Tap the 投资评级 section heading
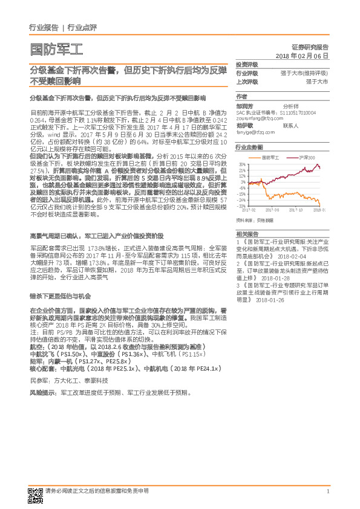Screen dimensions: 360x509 [x=246, y=64]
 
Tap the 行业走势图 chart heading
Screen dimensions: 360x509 [x=249, y=147]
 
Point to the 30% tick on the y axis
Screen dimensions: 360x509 [x=242, y=164]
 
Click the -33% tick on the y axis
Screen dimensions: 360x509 [x=241, y=206]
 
